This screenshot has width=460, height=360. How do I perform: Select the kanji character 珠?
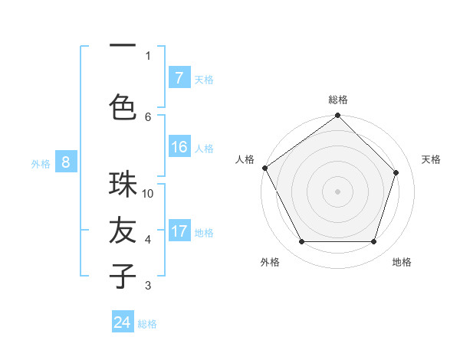pos(123,185)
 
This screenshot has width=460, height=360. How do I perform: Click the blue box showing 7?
pos(179,78)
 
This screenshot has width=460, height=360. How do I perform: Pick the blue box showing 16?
pos(179,147)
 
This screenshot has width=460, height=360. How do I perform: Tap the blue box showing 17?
pos(179,232)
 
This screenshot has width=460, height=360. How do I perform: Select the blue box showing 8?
pos(66,162)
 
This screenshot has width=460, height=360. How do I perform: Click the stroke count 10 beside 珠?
pos(148,194)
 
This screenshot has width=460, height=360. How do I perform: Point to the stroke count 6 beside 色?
pos(148,116)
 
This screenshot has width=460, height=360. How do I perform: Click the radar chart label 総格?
pos(338,100)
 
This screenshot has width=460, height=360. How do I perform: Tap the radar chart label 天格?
pos(431,159)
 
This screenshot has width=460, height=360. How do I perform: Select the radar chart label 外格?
pos(270,262)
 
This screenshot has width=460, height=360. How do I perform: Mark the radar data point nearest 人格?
pos(265,168)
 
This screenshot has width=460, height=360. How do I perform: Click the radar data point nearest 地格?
pos(373,242)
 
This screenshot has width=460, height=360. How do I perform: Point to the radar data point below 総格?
pos(337,116)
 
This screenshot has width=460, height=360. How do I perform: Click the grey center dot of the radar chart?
pos(337,191)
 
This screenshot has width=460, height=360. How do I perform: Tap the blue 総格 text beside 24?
pos(147,324)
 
